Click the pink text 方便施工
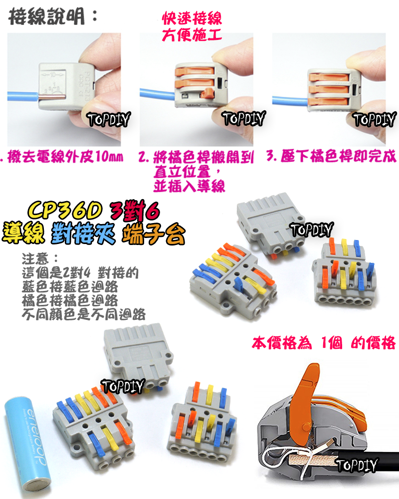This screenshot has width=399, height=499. (x=192, y=35)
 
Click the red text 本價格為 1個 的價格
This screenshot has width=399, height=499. (x=324, y=343)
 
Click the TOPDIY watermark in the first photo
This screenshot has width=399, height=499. (x=108, y=119)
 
